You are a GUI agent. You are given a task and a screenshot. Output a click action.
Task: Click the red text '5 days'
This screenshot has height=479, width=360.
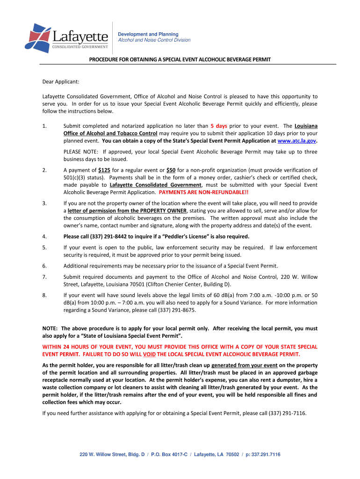coord(219,126)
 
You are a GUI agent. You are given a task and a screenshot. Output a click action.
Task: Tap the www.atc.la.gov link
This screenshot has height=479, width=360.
coord(297,140)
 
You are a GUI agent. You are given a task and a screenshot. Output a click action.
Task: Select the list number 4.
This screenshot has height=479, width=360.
coord(44,236)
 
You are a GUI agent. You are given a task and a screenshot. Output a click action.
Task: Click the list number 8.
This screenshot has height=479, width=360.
coord(44,295)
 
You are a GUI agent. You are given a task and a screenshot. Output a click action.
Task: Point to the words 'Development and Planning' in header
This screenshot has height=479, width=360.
coord(148,34)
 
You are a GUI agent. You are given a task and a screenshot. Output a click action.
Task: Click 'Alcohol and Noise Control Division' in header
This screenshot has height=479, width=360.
coord(154,40)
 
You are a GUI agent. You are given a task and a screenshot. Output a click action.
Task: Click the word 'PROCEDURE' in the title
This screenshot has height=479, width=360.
coord(104,59)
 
